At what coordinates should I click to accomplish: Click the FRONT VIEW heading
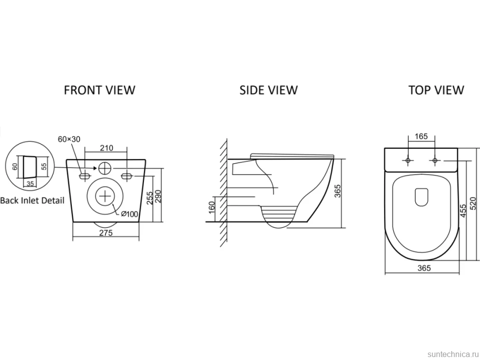point(99,90)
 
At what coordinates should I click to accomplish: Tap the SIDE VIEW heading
point(269,90)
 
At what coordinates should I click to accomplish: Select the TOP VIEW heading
point(436,90)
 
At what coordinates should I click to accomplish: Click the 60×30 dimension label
point(69,139)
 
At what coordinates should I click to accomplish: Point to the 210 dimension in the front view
point(106,148)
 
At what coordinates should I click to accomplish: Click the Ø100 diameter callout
point(130,214)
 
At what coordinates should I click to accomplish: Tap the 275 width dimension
point(106,233)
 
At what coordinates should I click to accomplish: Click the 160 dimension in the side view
point(211,208)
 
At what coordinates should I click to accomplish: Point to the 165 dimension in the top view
point(421,136)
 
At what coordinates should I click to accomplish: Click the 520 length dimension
point(473,203)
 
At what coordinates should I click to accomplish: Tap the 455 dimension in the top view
point(463,211)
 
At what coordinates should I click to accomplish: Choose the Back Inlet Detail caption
point(33,201)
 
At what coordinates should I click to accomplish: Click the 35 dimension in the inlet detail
point(30,184)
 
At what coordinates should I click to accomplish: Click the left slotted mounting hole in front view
point(85,176)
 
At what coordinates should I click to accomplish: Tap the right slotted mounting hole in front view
point(127,176)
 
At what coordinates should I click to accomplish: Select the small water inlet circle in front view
point(105,168)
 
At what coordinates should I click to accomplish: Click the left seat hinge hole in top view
point(408,160)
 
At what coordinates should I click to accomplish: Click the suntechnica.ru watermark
point(453,354)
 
